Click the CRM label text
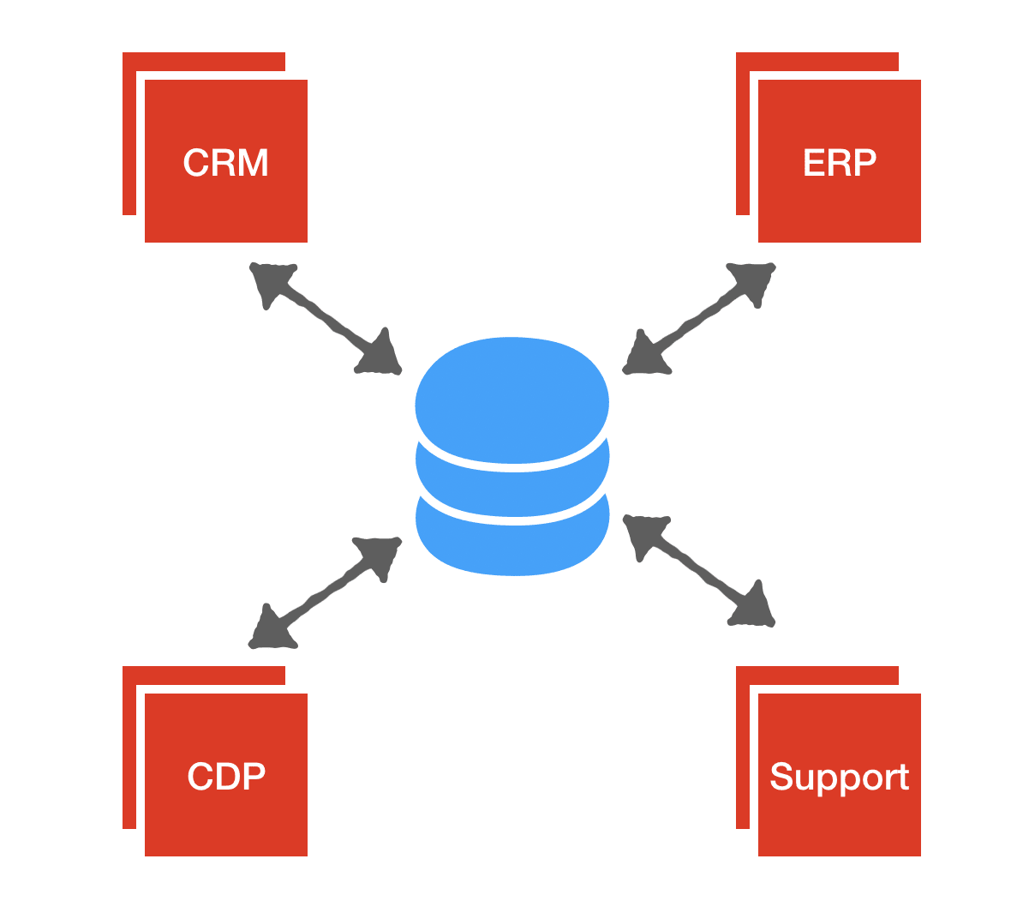coord(225,163)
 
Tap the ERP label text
coord(839,163)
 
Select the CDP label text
coord(225,776)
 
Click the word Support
coord(839,777)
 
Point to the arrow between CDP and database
coord(325,592)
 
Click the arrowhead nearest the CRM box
coord(268,280)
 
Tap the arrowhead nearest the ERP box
coord(754,280)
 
